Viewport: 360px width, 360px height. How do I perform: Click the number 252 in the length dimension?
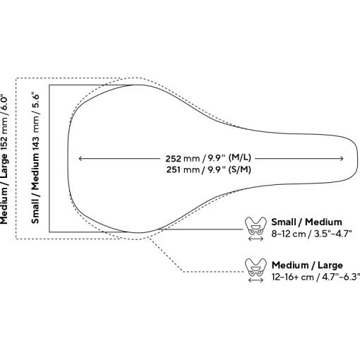(174, 159)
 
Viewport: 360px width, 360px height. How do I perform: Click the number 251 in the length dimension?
(174, 169)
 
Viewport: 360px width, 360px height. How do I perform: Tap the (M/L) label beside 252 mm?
(240, 157)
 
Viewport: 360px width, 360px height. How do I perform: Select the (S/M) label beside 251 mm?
(240, 169)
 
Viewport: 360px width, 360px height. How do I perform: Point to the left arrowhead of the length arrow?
(80, 159)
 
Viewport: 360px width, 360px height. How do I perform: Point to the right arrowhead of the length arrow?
(342, 159)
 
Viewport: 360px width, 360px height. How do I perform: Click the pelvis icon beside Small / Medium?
(256, 227)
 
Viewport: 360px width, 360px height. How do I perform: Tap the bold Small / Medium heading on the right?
(306, 222)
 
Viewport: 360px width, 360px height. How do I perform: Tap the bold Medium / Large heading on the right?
(307, 265)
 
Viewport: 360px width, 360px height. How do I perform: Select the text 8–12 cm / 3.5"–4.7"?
(311, 234)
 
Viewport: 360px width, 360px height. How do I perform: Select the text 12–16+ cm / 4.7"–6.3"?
(316, 277)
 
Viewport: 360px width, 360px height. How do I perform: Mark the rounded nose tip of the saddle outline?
(358, 159)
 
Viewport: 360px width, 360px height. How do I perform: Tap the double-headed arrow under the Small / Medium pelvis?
(256, 239)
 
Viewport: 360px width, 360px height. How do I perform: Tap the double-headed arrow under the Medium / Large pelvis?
(256, 280)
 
